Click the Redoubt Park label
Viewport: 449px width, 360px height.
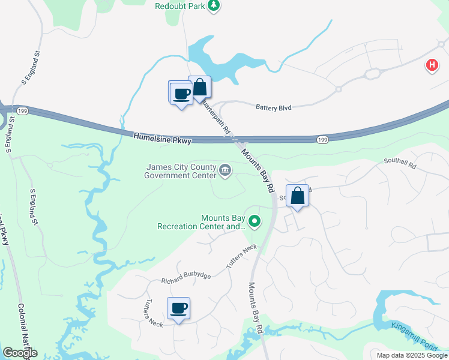coord(180,6)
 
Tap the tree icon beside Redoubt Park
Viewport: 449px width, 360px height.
coord(214,6)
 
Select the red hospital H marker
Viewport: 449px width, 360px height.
coord(432,65)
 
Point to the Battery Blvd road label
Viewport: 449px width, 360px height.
coord(273,108)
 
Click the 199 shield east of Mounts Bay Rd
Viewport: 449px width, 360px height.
coord(323,139)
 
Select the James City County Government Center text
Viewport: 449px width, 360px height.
coord(180,171)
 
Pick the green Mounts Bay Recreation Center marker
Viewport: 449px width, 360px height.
coord(255,222)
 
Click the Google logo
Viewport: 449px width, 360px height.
coord(20,353)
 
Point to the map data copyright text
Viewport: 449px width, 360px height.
coord(411,355)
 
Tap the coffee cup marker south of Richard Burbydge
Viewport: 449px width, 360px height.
coord(179,308)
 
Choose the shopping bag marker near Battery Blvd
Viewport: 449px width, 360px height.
coord(200,88)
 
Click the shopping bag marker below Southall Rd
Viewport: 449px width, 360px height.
coord(298,196)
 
